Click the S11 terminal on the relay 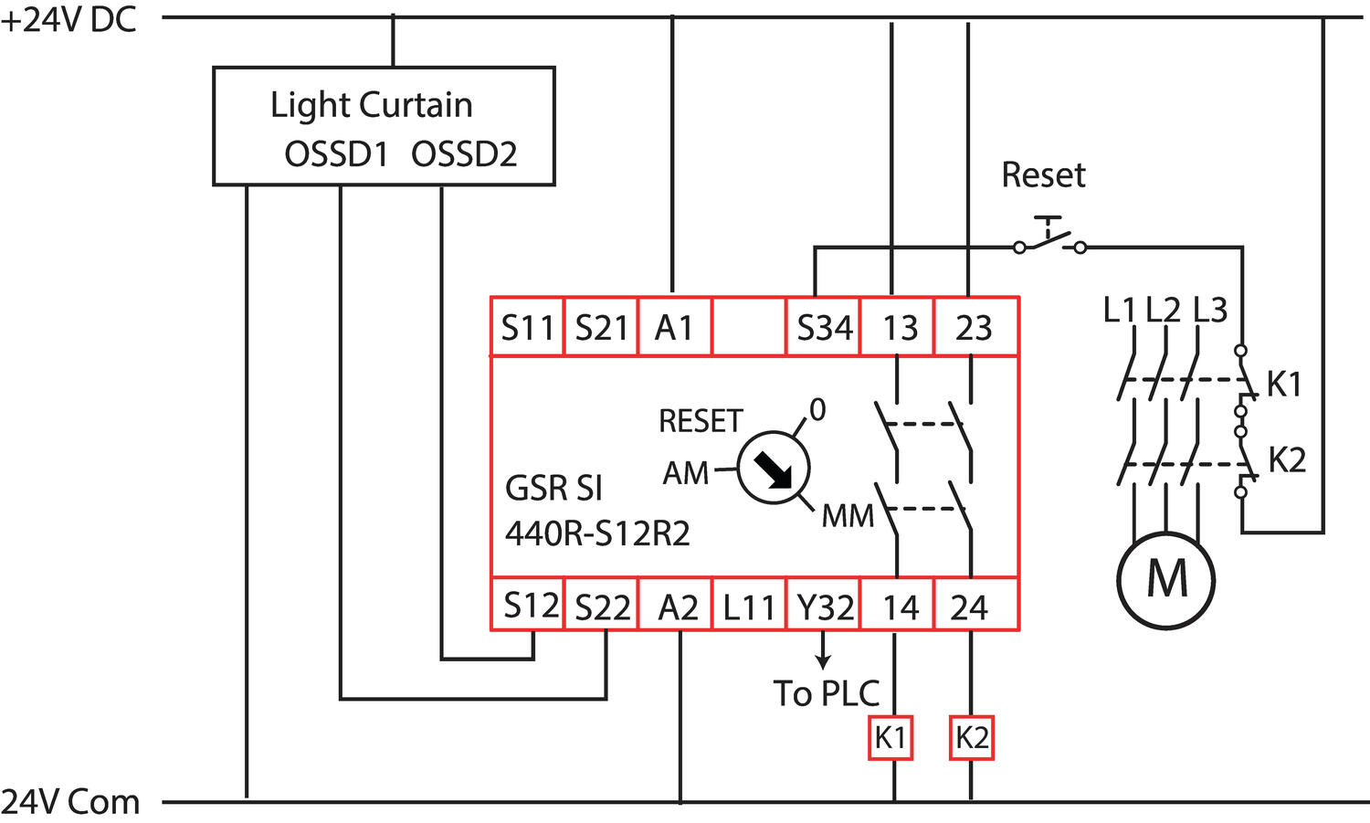(x=528, y=327)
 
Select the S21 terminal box (x=601, y=327)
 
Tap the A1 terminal (x=674, y=327)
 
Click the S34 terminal (x=824, y=327)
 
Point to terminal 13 (x=899, y=327)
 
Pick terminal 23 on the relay (x=974, y=327)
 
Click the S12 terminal (x=530, y=605)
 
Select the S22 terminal (x=602, y=606)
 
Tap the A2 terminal (x=677, y=606)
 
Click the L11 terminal (x=749, y=606)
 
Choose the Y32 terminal (x=825, y=606)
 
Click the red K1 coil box (x=890, y=737)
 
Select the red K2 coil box (x=972, y=737)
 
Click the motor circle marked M (x=1166, y=579)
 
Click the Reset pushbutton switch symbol (x=1049, y=239)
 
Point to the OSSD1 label (x=336, y=153)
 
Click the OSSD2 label (x=464, y=153)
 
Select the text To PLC (x=826, y=693)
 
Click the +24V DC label (x=69, y=20)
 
